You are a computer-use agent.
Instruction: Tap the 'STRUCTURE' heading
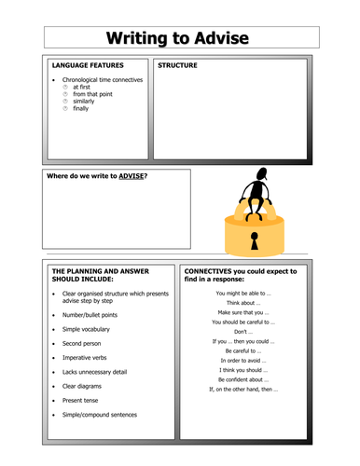178,66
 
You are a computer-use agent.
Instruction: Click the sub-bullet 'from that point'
92,94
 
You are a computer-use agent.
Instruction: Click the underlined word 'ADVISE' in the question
130,176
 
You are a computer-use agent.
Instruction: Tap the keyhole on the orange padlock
253,240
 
